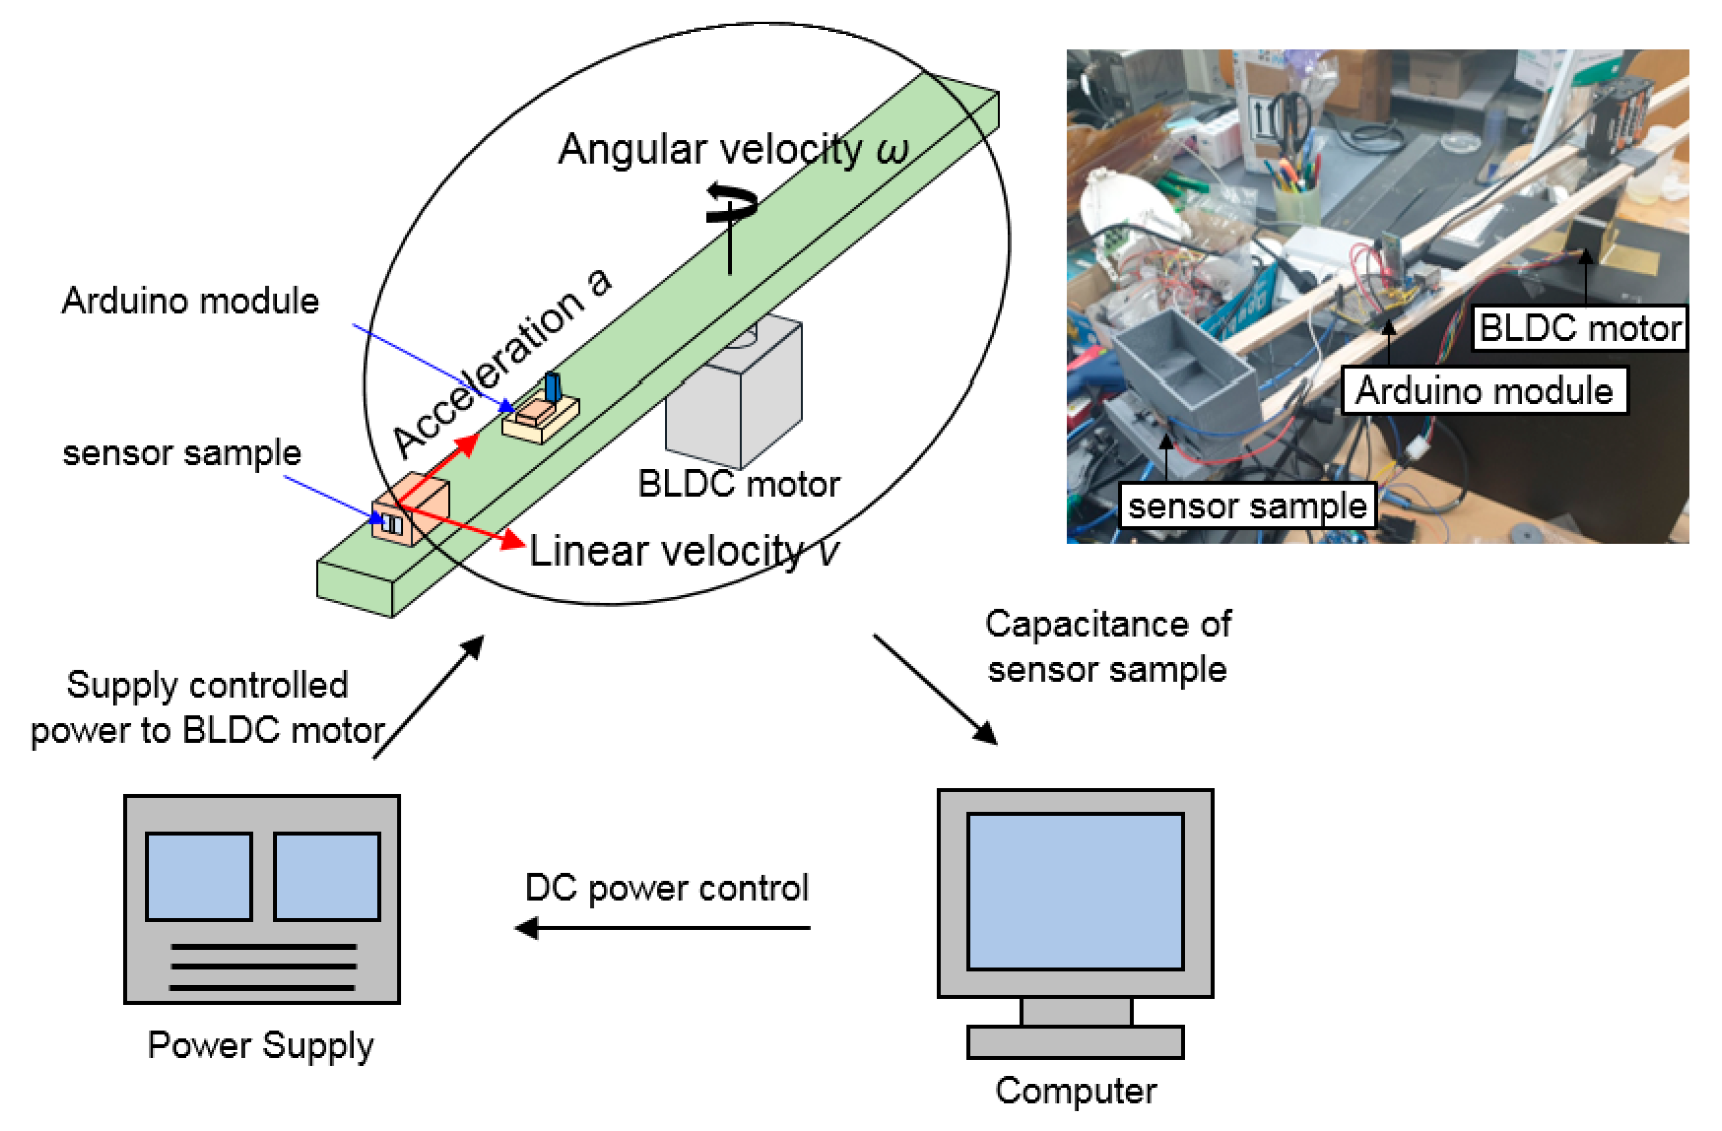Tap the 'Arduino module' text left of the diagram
point(190,300)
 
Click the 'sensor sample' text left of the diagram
point(182,453)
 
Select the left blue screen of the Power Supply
point(199,876)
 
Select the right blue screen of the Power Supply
point(327,876)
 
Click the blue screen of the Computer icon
point(1074,891)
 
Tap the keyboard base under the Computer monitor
point(1074,1042)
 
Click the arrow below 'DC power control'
point(662,928)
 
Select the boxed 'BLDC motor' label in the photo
point(1579,328)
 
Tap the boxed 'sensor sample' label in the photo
point(1247,505)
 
